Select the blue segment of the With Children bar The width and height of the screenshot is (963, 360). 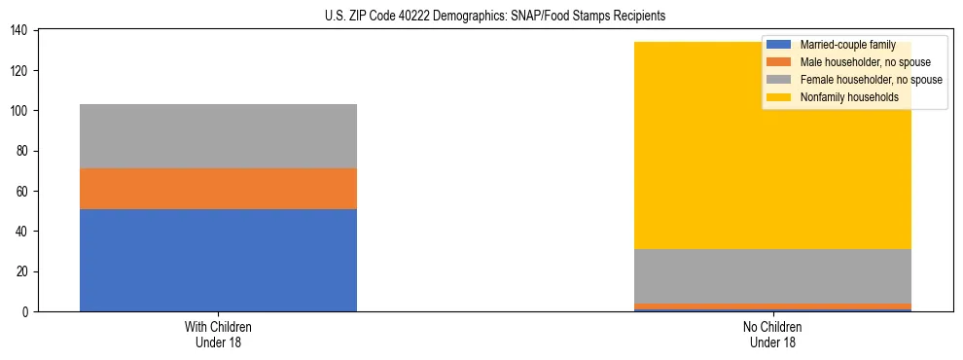point(218,260)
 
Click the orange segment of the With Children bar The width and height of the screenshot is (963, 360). point(218,189)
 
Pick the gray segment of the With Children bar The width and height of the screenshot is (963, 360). point(218,136)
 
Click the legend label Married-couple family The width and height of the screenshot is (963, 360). point(847,45)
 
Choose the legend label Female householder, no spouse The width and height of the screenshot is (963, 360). point(871,80)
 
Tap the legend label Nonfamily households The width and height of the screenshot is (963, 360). point(849,97)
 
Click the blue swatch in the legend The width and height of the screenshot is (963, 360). point(779,45)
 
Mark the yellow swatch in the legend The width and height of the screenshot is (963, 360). point(779,97)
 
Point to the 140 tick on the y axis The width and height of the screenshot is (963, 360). point(19,31)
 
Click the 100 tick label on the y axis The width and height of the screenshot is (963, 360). point(19,111)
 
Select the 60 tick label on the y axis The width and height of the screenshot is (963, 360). point(22,192)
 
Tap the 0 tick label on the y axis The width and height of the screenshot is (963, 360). point(25,311)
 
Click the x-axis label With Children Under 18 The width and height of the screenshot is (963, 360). point(218,334)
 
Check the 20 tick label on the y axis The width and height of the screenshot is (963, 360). point(22,271)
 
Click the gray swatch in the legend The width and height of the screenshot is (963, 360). point(779,80)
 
